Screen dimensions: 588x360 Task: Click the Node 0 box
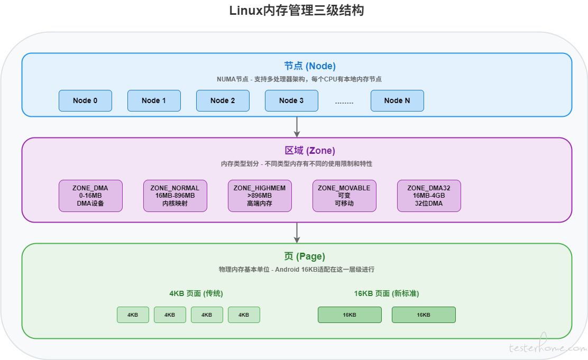point(85,100)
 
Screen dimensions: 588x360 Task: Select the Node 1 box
point(154,100)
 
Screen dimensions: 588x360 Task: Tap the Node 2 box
point(223,100)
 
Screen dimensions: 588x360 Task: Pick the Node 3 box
point(291,100)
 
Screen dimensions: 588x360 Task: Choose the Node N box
point(397,100)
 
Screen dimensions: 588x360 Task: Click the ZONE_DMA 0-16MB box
point(90,196)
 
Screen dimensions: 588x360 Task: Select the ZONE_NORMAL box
point(175,196)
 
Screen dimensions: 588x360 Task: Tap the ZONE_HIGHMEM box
point(260,196)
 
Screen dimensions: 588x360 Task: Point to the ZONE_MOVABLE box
point(344,196)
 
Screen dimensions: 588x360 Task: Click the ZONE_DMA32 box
point(429,196)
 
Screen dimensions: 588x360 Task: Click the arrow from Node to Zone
point(297,127)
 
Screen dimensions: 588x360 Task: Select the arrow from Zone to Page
point(297,233)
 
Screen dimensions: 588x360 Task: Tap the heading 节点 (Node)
point(310,66)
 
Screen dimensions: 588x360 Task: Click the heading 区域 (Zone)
point(310,150)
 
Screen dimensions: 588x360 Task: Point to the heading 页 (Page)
point(305,256)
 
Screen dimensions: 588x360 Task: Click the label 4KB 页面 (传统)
point(196,293)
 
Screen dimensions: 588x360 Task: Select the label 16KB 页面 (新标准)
point(387,293)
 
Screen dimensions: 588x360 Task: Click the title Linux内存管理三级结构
point(297,10)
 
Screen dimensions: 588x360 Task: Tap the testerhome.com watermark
point(548,346)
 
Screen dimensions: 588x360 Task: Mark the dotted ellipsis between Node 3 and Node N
point(344,103)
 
